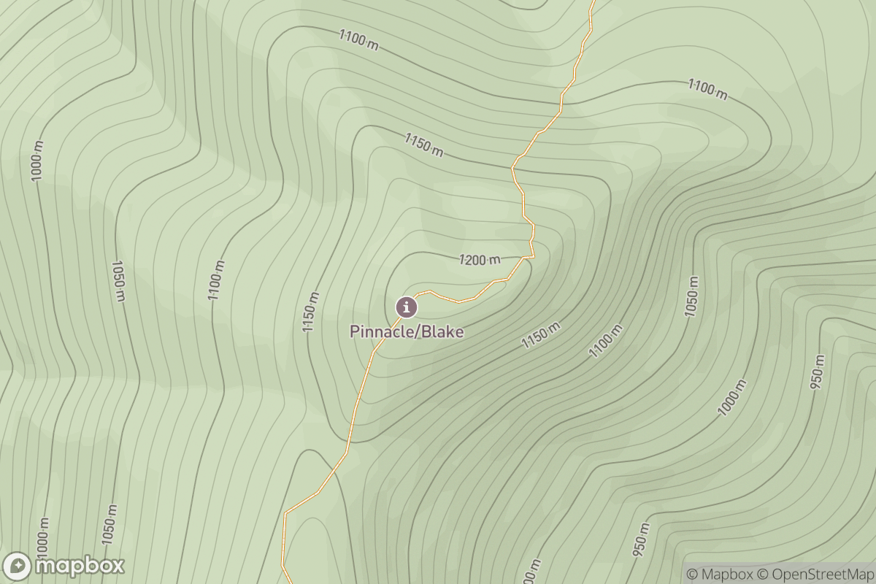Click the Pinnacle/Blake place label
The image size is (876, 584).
tap(407, 331)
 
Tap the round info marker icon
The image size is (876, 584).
tap(407, 307)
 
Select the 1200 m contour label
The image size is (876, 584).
tap(480, 259)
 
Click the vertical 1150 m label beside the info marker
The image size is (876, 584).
tap(312, 313)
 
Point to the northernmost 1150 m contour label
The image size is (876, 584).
tap(424, 144)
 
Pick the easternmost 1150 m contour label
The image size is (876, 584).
tap(541, 335)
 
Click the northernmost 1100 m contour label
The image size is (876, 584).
tap(358, 40)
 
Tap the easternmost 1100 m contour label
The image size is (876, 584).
tap(707, 89)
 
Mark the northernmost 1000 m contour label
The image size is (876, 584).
tap(37, 161)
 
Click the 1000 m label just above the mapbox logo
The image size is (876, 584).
tap(42, 537)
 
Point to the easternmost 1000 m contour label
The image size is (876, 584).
tap(732, 398)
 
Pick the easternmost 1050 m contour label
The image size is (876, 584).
tap(691, 297)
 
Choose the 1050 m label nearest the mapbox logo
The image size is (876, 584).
tap(109, 525)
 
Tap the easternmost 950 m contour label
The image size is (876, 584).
tap(818, 373)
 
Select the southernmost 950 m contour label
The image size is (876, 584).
tap(640, 541)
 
